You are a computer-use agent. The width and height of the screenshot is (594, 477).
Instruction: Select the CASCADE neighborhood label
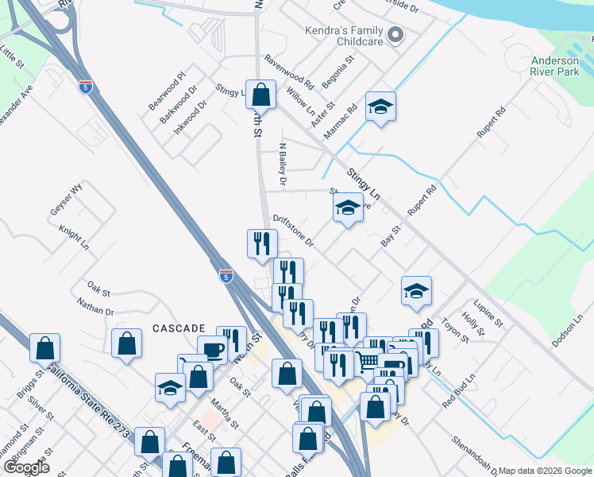tap(179, 328)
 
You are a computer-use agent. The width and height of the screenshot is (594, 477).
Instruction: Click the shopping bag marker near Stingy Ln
tap(260, 96)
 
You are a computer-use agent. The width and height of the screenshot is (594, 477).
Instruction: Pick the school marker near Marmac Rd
tap(380, 108)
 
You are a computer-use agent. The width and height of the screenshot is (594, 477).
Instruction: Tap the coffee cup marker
tap(213, 351)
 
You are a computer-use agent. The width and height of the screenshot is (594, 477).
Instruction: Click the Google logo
tap(26, 467)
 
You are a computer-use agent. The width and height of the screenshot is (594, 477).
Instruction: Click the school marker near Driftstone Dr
tap(347, 209)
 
